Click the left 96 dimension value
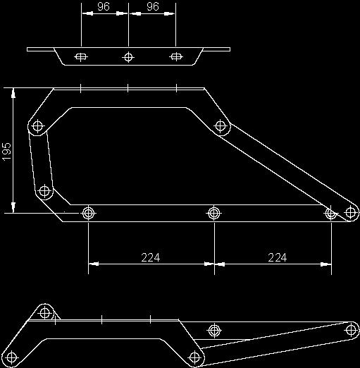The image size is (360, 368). (104, 6)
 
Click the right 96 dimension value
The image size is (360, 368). (153, 6)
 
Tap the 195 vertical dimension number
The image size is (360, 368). (7, 151)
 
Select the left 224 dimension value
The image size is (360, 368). (151, 257)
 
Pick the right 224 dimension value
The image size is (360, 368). (278, 257)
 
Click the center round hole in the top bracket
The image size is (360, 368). (128, 57)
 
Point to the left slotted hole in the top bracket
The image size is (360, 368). (81, 56)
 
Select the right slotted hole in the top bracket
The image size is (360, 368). (176, 56)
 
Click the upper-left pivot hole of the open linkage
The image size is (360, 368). (37, 126)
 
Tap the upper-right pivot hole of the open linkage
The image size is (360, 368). (221, 125)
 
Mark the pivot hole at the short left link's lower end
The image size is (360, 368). (44, 190)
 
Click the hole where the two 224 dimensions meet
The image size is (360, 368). (213, 213)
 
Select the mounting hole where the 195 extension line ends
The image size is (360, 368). (88, 213)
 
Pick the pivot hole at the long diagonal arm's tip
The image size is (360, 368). (350, 213)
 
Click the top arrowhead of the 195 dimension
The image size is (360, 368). (13, 93)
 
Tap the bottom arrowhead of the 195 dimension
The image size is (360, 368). (13, 207)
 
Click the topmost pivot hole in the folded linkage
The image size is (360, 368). (45, 313)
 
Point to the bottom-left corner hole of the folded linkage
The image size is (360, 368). (11, 357)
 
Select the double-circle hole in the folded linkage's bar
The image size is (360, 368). (214, 331)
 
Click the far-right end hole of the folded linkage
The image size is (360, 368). (352, 330)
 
